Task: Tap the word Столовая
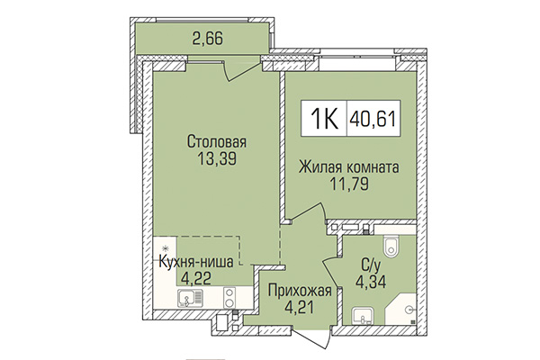[217, 141]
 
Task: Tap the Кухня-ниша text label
[195, 262]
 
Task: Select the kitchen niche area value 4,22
[195, 279]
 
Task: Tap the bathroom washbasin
[364, 314]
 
